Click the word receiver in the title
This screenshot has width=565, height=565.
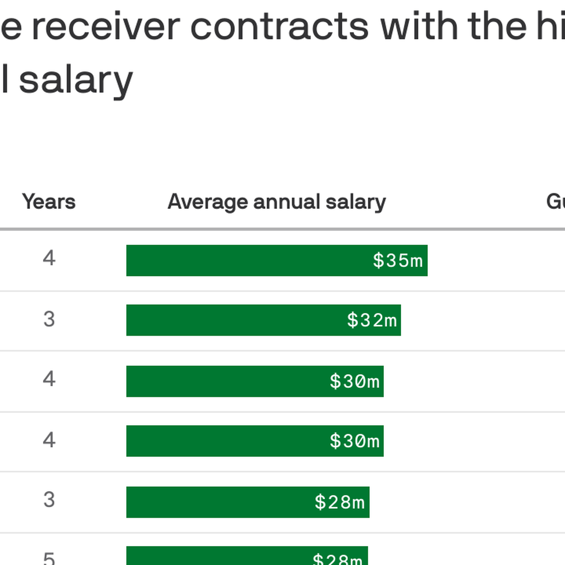pyautogui.click(x=106, y=27)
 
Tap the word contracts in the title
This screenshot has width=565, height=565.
pyautogui.click(x=279, y=27)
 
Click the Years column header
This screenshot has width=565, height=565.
pyautogui.click(x=49, y=202)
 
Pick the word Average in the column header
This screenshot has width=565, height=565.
pyautogui.click(x=207, y=202)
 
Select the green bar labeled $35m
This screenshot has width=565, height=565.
pyautogui.click(x=248, y=261)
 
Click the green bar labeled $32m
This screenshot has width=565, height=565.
pyautogui.click(x=236, y=320)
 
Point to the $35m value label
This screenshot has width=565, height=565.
pyautogui.click(x=398, y=261)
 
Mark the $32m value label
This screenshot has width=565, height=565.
pyautogui.click(x=372, y=320)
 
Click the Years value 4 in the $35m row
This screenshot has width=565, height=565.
pyautogui.click(x=49, y=259)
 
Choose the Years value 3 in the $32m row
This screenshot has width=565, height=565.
pyautogui.click(x=49, y=319)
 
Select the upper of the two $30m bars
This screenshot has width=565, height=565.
pyautogui.click(x=227, y=381)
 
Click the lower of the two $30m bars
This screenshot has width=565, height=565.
pyautogui.click(x=227, y=441)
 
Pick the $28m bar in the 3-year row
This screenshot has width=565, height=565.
pyautogui.click(x=219, y=502)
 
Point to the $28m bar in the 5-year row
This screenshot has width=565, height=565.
pyautogui.click(x=219, y=556)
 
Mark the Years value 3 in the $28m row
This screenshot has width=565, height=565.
pyautogui.click(x=49, y=500)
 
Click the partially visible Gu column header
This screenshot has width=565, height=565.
pyautogui.click(x=555, y=202)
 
